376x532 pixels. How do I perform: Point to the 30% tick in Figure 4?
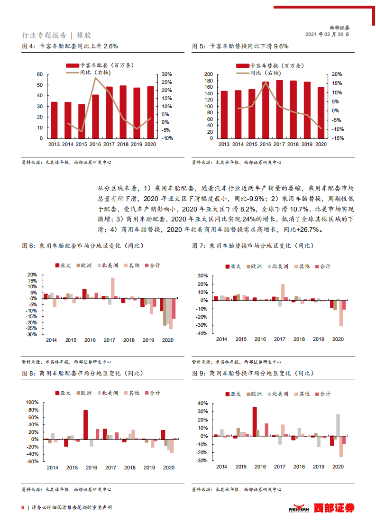[x=166, y=74]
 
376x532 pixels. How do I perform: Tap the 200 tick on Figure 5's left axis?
[x=208, y=74]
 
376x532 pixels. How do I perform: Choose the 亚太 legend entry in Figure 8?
[x=63, y=393]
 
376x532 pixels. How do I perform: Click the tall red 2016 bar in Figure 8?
[x=85, y=424]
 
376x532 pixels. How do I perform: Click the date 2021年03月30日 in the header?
[x=327, y=35]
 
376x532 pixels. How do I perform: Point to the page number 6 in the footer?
[x=22, y=508]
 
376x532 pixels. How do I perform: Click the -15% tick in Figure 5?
[x=337, y=138]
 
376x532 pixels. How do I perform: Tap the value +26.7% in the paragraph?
[x=310, y=229]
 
